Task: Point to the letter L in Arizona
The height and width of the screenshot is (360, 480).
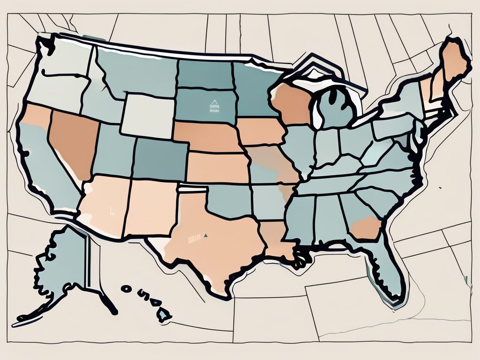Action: click(x=111, y=211)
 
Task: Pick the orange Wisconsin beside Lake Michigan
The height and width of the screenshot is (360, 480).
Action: click(x=292, y=103)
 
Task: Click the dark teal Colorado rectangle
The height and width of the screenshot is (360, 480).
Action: click(x=161, y=159)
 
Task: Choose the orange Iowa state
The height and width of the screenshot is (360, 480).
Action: click(x=260, y=131)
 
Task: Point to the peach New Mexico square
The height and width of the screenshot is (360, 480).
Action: click(x=150, y=206)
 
